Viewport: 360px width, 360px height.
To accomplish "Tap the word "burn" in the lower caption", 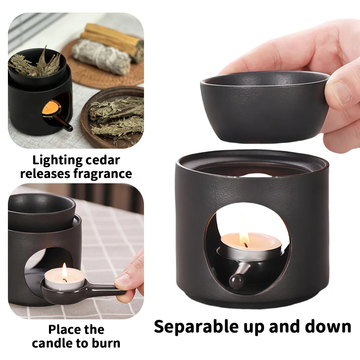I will click(x=107, y=343).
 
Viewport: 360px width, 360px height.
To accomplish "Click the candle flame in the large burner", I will click(x=244, y=238).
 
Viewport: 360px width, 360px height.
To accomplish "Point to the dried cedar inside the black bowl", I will click(x=34, y=63).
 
